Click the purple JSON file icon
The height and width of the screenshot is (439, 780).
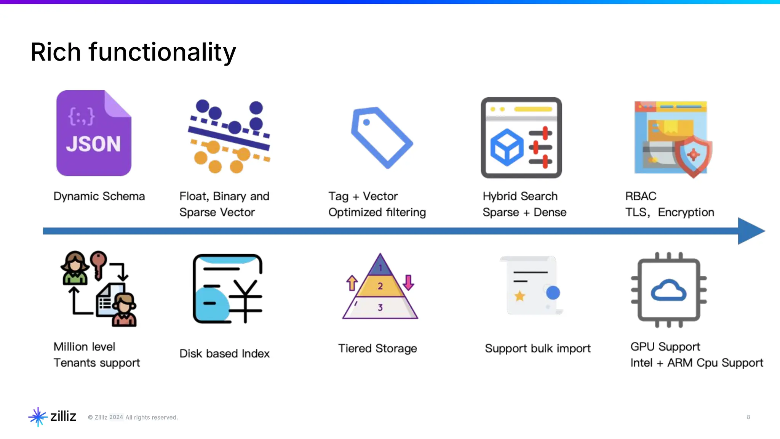click(x=94, y=133)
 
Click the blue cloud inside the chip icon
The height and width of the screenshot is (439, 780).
click(x=668, y=292)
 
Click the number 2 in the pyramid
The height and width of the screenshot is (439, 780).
click(x=380, y=286)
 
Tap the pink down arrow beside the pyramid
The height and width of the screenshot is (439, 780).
click(x=408, y=282)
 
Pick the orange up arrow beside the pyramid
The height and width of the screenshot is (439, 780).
click(x=352, y=283)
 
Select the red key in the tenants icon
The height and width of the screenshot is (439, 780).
click(x=99, y=263)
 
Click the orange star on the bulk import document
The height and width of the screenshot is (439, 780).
click(x=519, y=296)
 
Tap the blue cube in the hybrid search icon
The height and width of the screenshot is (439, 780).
click(x=507, y=147)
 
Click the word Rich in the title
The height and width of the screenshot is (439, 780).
click(x=56, y=52)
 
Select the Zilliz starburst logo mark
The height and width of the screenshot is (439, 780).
click(x=38, y=417)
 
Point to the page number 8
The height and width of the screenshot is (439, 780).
click(x=748, y=417)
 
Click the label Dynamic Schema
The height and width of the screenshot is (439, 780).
click(x=99, y=196)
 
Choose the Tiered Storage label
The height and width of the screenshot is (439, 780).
click(x=377, y=348)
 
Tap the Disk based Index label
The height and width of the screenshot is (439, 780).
click(x=224, y=354)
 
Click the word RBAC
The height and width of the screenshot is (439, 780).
click(x=641, y=196)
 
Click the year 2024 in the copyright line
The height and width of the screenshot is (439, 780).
click(x=116, y=417)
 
